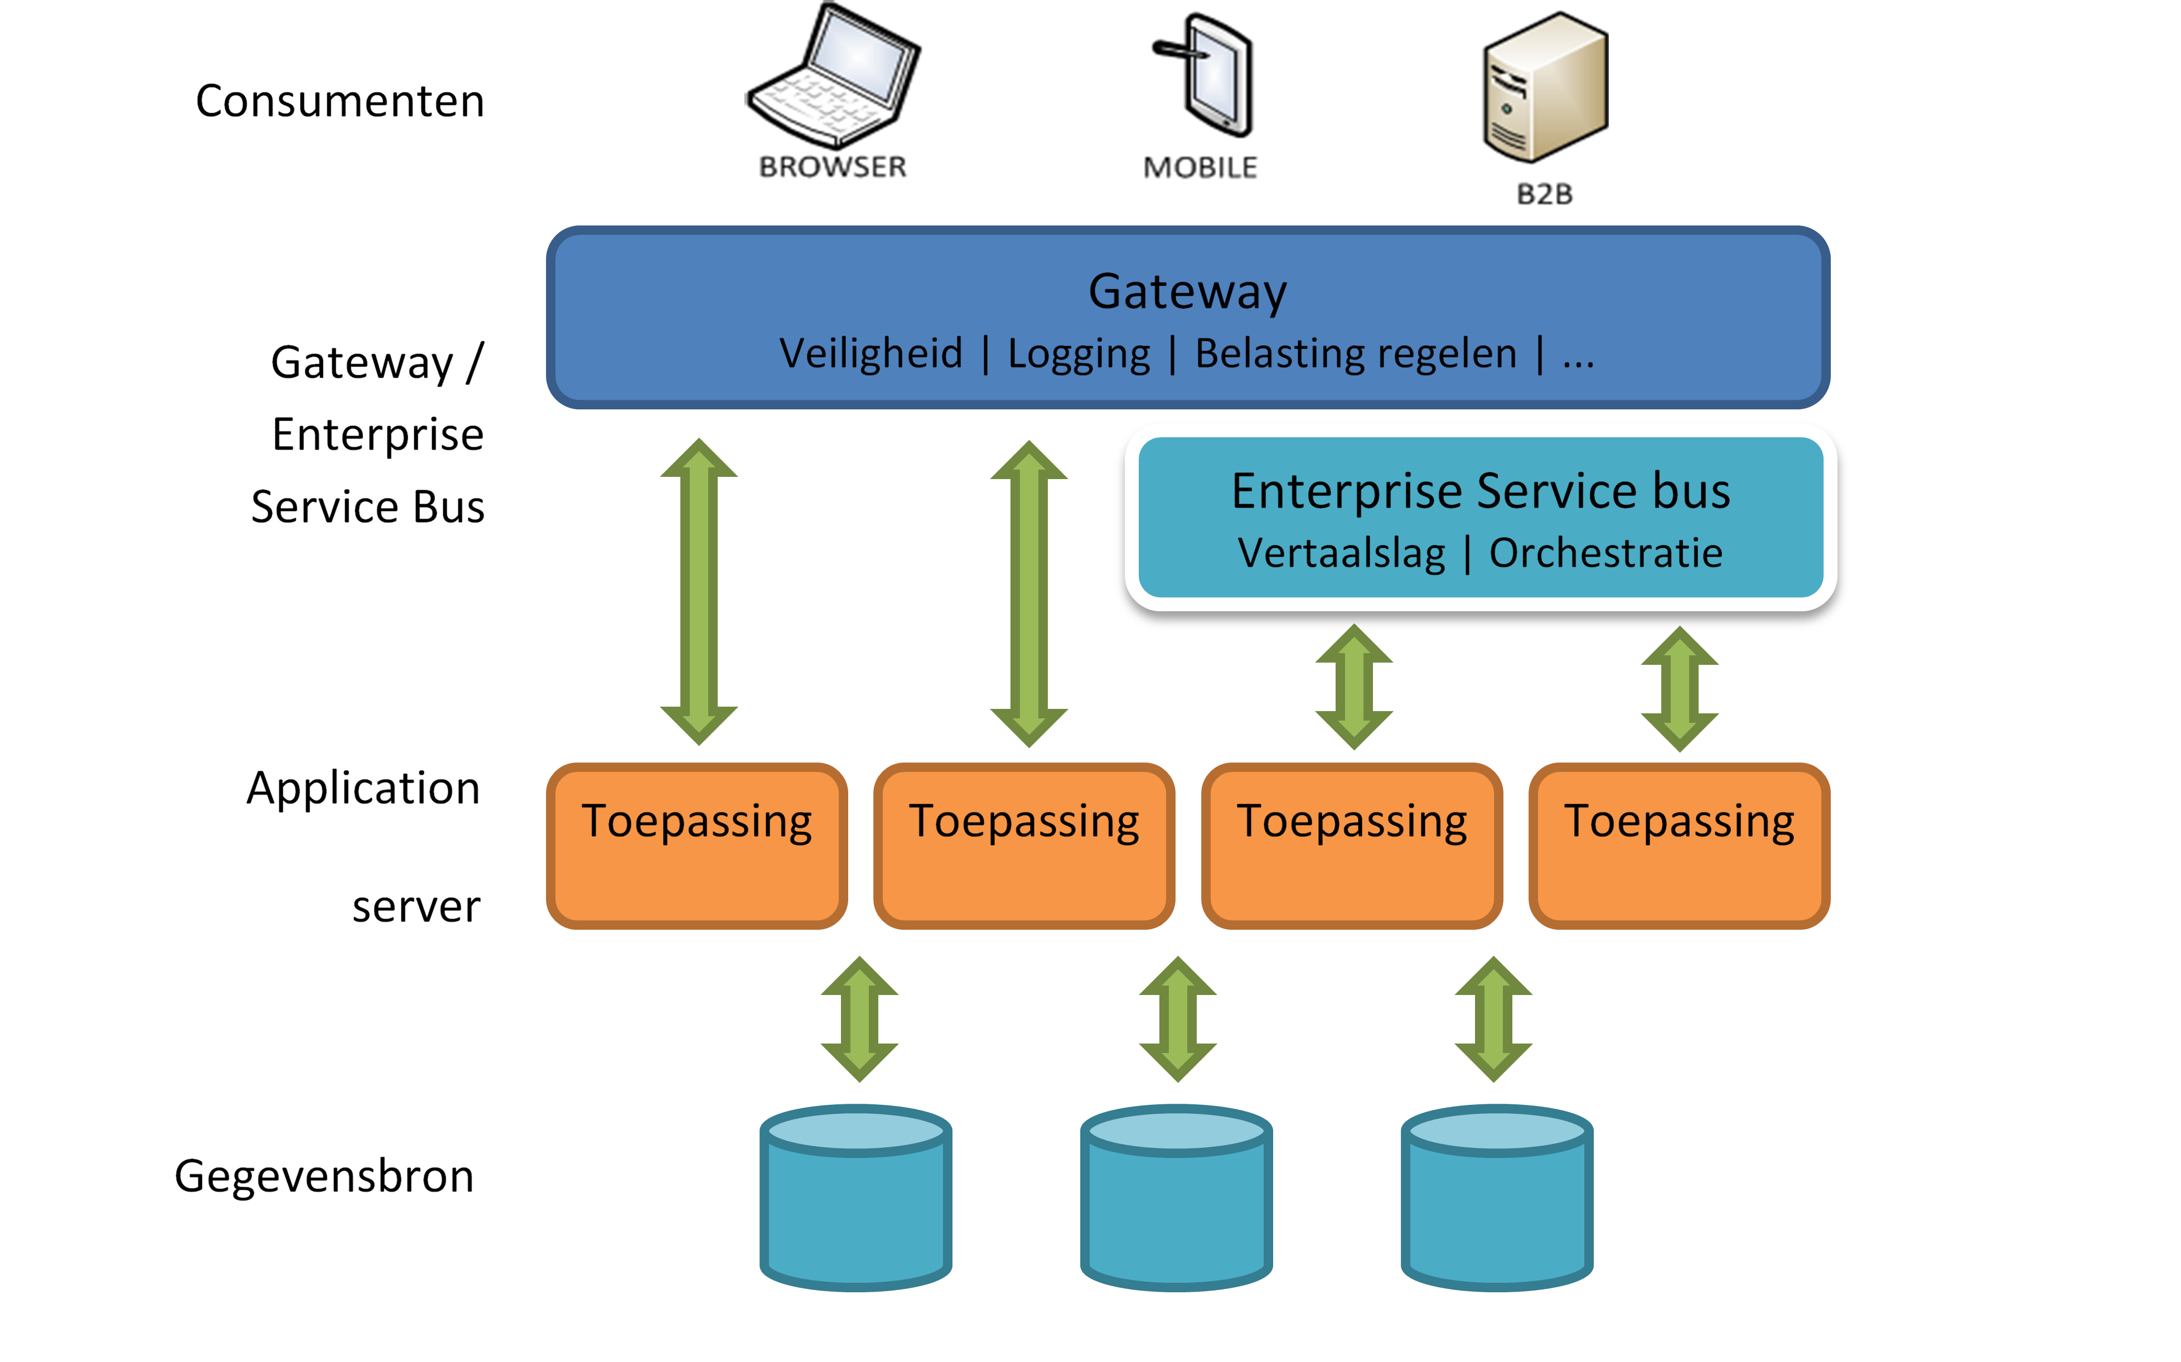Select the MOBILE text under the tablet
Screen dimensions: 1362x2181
click(x=1200, y=167)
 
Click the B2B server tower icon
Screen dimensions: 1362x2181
click(x=1544, y=88)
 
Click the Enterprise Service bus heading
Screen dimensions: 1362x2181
click(x=1481, y=492)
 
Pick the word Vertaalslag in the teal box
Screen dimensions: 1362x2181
click(x=1341, y=553)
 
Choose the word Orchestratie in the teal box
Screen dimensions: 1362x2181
click(x=1605, y=553)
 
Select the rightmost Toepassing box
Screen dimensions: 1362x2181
click(x=1679, y=845)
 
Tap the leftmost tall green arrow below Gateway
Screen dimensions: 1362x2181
click(x=699, y=592)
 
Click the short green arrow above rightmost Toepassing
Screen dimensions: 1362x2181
click(x=1680, y=689)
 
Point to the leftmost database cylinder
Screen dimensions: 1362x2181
click(x=855, y=1198)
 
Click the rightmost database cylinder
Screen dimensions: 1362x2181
click(x=1497, y=1198)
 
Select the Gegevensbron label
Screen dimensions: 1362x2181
click(x=324, y=1177)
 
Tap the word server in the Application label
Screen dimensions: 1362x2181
click(x=416, y=906)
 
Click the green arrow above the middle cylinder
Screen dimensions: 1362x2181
click(x=1178, y=1020)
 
